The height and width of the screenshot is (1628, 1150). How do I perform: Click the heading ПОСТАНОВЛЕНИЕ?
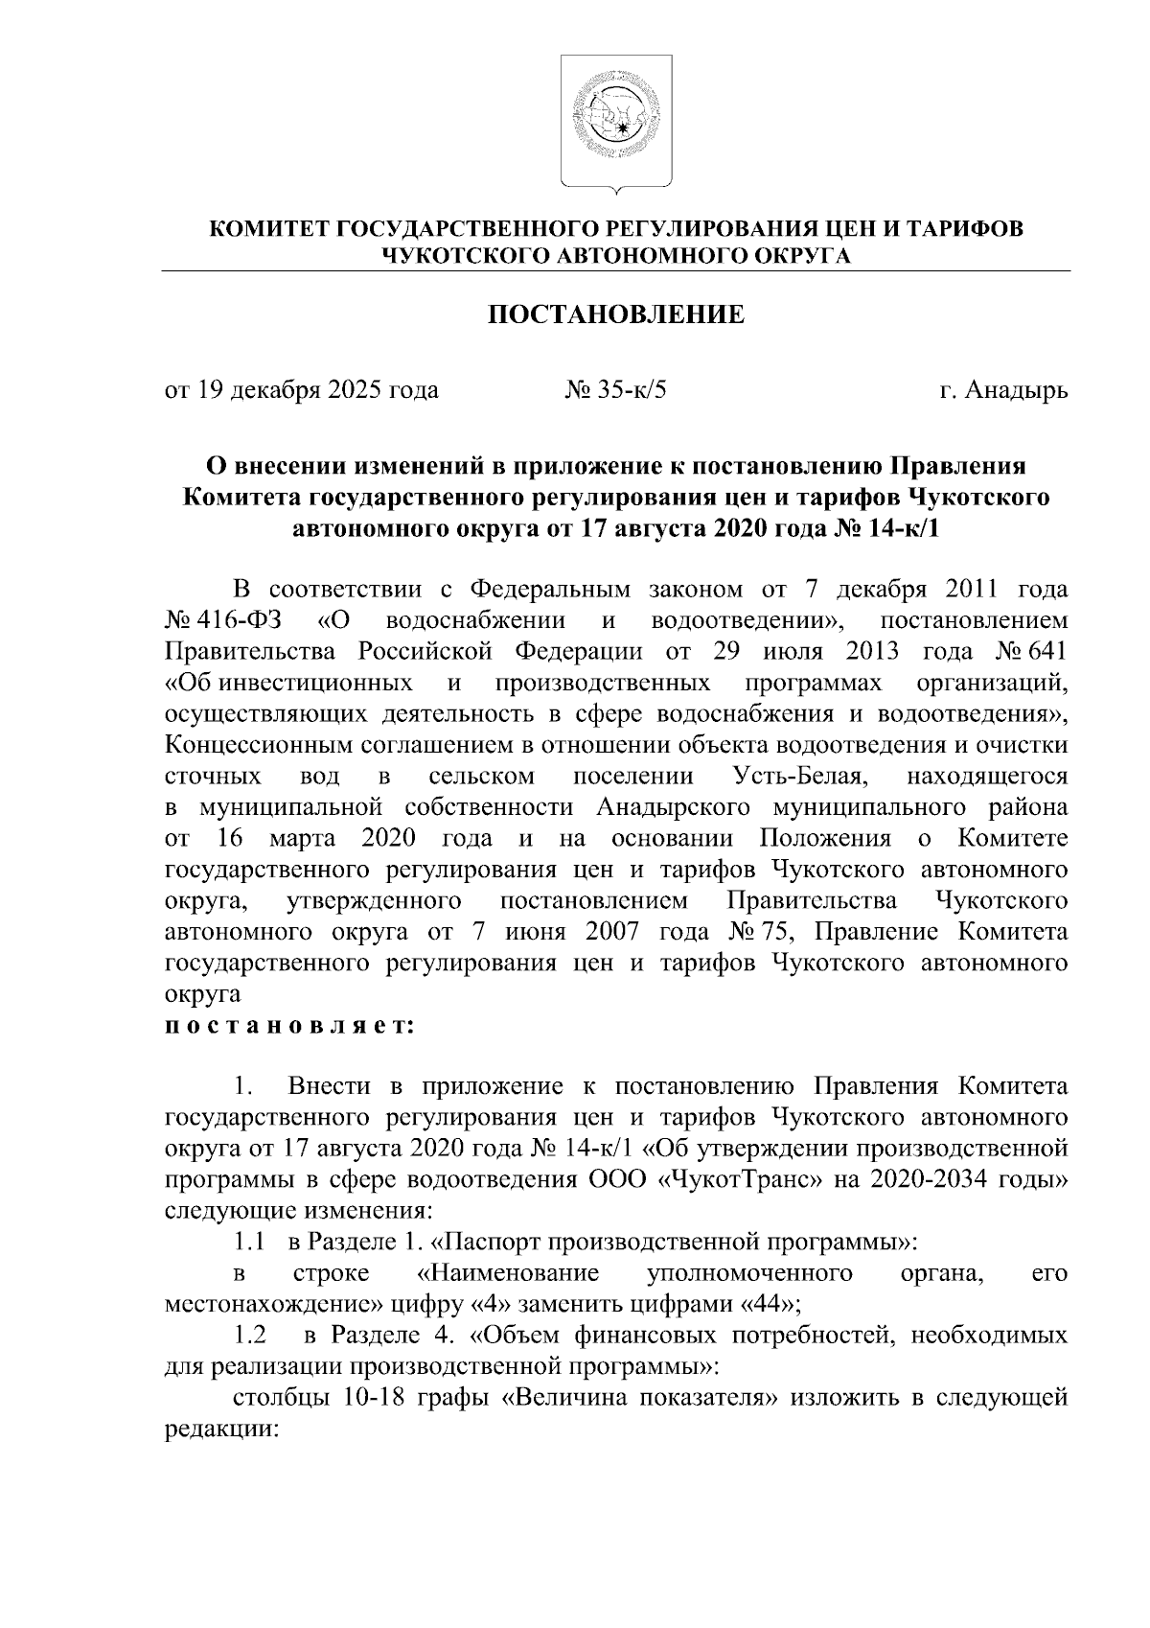point(616,314)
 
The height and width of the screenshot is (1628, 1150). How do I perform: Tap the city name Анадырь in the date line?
point(1016,390)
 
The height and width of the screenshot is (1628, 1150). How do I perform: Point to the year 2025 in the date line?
point(355,390)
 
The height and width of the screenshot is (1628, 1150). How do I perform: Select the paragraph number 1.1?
point(249,1242)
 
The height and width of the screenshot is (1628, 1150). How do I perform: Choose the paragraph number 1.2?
point(251,1335)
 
